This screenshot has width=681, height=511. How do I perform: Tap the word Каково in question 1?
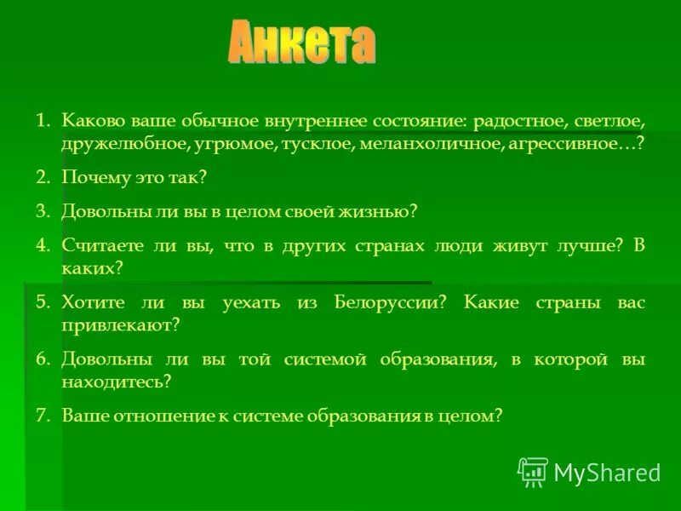90,120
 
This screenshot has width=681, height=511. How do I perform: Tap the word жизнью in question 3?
384,210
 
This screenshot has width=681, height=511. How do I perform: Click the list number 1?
42,120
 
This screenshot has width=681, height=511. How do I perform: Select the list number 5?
43,302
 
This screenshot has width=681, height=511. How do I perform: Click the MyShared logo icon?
533,472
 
